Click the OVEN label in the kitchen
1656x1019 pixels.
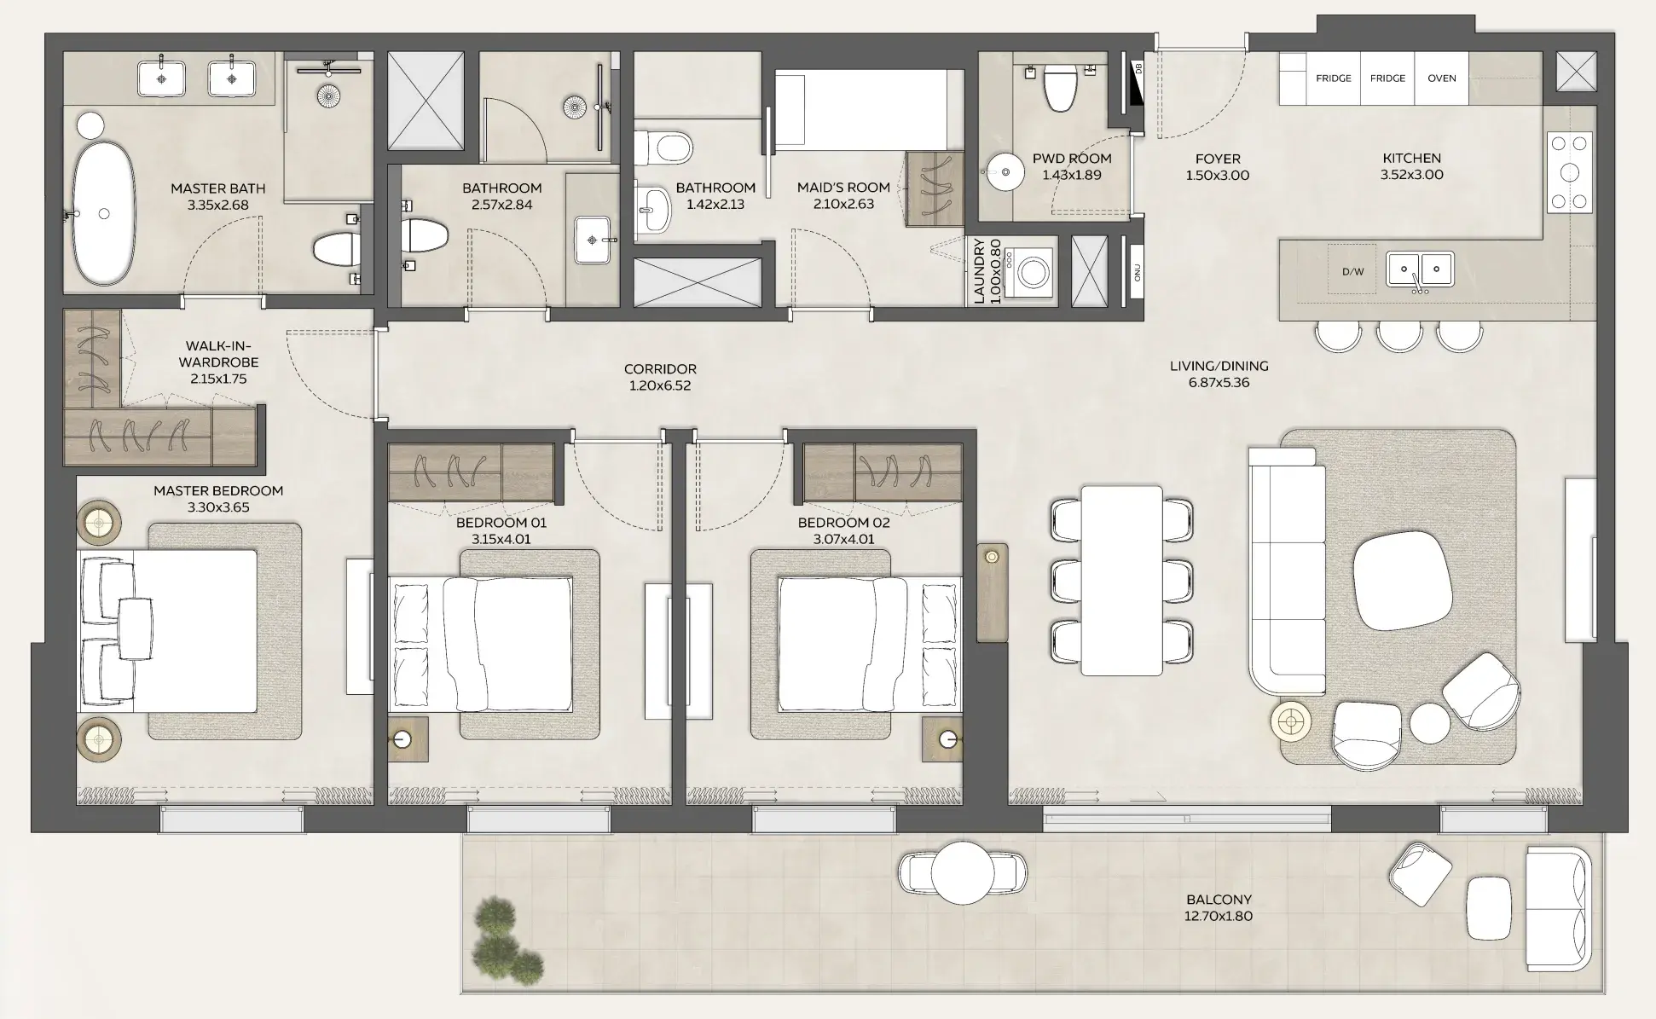coord(1441,78)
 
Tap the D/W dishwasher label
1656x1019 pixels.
coord(1352,272)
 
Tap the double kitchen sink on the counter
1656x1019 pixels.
coord(1420,269)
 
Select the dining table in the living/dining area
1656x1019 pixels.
coord(1121,581)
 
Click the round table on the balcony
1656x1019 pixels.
coord(962,872)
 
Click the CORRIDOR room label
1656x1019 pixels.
coord(660,369)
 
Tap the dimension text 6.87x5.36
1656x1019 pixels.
coord(1219,383)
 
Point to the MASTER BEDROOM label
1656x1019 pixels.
coord(218,491)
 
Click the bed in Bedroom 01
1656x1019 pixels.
coord(480,645)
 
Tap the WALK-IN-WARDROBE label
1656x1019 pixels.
coord(218,362)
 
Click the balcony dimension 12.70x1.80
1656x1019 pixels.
coord(1219,917)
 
